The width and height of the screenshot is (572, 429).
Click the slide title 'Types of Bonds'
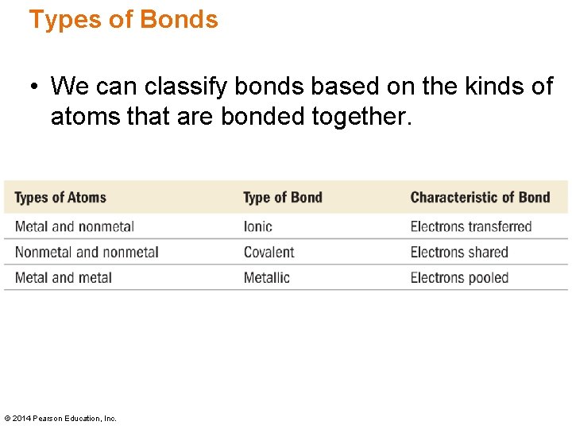click(x=123, y=19)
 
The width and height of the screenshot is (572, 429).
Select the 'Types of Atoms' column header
click(x=60, y=198)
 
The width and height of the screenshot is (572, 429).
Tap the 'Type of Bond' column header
click(x=283, y=198)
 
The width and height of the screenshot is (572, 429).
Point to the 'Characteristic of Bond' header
click(x=480, y=198)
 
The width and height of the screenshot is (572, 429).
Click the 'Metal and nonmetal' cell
click(x=75, y=226)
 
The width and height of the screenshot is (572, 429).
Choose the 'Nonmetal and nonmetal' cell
click(x=87, y=253)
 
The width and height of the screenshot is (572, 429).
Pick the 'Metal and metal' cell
click(x=64, y=278)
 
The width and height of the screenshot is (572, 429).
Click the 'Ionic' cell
click(x=258, y=226)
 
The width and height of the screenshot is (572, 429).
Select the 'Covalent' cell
click(x=269, y=253)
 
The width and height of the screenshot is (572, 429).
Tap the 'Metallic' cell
click(x=267, y=278)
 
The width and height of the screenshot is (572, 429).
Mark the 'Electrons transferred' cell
click(x=471, y=226)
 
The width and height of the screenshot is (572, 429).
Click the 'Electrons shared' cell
click(x=459, y=253)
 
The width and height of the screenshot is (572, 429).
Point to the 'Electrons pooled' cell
click(x=459, y=278)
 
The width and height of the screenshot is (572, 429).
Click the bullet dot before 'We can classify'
click(x=35, y=87)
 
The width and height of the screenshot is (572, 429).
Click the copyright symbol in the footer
click(x=8, y=419)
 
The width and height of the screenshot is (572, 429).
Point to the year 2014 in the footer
click(x=21, y=419)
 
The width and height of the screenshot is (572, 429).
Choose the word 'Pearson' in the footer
click(x=48, y=419)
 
